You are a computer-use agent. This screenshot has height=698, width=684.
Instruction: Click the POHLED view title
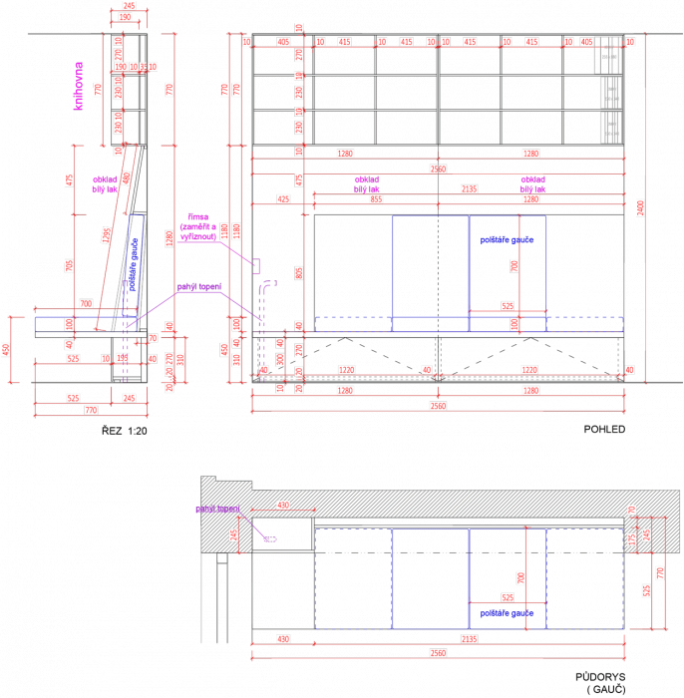(x=603, y=430)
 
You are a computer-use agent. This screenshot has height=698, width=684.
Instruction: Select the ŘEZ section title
(x=125, y=430)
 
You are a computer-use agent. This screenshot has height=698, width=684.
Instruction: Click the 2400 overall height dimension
(x=640, y=206)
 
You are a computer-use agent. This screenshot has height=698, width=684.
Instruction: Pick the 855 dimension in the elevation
(x=376, y=199)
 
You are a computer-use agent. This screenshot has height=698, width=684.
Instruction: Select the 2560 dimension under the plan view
(x=439, y=653)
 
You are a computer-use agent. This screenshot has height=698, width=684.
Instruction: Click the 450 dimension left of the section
(x=7, y=349)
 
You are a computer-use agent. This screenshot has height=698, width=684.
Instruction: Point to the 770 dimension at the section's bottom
(x=91, y=409)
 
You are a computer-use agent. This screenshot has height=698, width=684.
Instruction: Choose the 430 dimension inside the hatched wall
(x=282, y=506)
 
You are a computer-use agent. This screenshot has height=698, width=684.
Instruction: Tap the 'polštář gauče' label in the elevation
(x=508, y=239)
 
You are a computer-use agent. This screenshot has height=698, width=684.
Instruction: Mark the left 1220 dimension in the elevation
(x=345, y=369)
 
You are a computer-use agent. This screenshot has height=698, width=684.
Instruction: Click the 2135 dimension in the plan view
(x=469, y=638)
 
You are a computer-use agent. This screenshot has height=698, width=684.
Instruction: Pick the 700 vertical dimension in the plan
(x=519, y=577)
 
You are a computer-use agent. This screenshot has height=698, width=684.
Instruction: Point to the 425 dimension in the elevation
(x=282, y=199)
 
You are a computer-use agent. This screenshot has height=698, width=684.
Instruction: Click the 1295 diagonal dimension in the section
(x=106, y=234)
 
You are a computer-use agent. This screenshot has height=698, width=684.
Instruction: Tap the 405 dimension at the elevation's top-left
(x=283, y=42)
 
